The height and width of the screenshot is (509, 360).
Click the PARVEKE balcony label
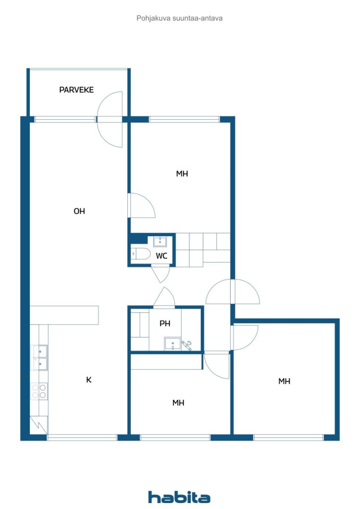coord(76,90)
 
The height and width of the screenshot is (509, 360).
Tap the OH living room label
coord(79,211)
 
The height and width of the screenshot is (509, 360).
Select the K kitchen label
coord(89,379)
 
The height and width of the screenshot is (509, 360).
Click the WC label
coord(161,256)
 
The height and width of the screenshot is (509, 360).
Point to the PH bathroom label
coord(165,323)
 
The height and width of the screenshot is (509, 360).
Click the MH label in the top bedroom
coord(182,173)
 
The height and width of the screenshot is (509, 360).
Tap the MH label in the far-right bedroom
coord(284,381)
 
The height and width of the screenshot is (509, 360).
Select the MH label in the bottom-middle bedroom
coord(178,403)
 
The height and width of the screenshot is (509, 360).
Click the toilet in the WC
coord(141,254)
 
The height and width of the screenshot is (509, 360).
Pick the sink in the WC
coord(160,242)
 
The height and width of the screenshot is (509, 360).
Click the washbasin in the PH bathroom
coord(173,344)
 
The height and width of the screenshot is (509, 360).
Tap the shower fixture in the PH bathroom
coord(186,345)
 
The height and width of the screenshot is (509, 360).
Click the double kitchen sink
coord(40,358)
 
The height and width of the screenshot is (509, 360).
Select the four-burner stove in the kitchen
coord(39,391)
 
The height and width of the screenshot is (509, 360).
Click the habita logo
coord(179,497)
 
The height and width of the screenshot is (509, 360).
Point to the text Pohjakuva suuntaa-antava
coord(179,18)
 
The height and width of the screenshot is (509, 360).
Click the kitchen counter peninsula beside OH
coord(64,315)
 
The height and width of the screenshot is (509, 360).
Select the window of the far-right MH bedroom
coord(288,437)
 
